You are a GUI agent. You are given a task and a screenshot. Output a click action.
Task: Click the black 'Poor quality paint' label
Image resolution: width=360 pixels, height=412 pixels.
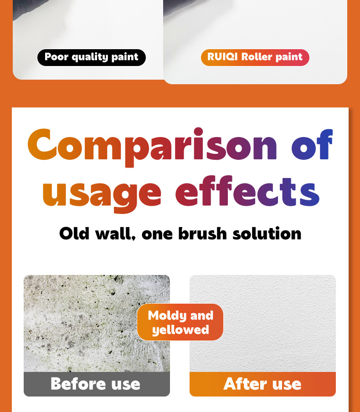coord(92,57)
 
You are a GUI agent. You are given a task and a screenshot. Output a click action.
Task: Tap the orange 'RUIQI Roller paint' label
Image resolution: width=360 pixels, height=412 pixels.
coord(255,57)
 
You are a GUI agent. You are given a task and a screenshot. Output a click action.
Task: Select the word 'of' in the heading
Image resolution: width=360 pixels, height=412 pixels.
coord(312,144)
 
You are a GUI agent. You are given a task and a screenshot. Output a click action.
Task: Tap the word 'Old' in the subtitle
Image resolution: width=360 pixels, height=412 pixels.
coord(74,233)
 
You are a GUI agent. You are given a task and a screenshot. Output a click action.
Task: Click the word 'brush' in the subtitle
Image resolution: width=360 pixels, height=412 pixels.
coord(202,233)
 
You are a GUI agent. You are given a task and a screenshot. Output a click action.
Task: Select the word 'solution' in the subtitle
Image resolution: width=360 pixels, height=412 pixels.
coord(267,233)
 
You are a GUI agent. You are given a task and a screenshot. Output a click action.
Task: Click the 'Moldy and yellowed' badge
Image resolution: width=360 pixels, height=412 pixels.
coord(180,322)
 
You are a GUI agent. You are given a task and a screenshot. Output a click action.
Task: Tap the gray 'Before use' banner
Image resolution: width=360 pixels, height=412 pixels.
coord(97,384)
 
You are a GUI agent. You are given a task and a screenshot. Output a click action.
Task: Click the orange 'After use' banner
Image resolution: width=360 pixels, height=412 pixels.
coord(262,384)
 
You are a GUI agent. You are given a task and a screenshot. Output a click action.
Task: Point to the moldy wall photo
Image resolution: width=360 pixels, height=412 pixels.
coord(97,323)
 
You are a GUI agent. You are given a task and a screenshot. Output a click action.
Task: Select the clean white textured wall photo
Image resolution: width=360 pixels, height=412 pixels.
coord(262,323)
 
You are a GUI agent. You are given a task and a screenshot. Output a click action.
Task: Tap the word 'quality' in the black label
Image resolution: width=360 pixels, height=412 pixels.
coord(89,57)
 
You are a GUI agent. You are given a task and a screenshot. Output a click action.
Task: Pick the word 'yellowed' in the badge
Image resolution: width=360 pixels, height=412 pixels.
coord(180,330)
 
